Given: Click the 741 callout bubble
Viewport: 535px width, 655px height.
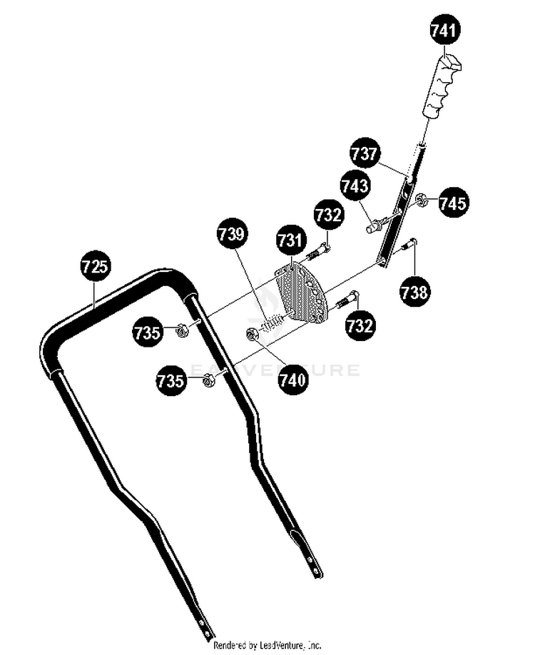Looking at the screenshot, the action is (445, 30).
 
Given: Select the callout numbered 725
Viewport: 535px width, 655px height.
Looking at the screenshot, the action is (95, 266).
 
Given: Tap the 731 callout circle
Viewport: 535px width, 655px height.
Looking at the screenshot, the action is (290, 240).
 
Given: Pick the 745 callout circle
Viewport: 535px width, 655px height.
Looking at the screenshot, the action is (453, 203).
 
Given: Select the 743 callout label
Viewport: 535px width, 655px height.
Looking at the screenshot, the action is (355, 185).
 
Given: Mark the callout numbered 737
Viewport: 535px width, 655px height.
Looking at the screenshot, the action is (365, 153).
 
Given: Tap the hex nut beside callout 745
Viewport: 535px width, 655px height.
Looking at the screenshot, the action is (421, 200).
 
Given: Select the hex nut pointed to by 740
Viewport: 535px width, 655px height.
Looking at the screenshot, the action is (252, 334).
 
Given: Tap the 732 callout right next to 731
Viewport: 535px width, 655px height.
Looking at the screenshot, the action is (329, 215).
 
